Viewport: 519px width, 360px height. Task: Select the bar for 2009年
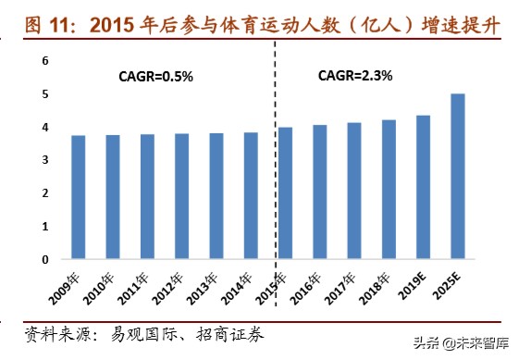pos(78,197)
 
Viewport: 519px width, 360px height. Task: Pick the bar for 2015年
pos(285,193)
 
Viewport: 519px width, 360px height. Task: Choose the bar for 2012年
pos(181,196)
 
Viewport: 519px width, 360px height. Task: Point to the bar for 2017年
pos(354,191)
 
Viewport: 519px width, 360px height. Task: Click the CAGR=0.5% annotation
pos(156,77)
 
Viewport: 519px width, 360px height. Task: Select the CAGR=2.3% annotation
pos(356,77)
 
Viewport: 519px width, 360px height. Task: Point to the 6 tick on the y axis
pos(45,60)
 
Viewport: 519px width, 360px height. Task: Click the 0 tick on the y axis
pos(45,259)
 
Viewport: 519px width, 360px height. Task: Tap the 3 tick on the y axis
pos(45,160)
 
